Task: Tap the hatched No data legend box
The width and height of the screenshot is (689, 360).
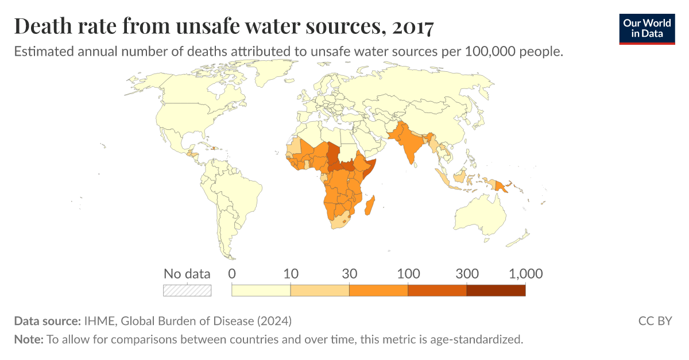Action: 187,291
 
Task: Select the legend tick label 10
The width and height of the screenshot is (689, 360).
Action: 291,274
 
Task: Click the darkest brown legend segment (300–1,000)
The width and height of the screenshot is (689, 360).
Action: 496,291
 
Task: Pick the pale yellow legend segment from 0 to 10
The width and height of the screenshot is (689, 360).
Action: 261,291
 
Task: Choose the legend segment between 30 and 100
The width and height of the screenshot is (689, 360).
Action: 378,291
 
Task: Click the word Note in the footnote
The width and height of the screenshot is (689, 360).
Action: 28,339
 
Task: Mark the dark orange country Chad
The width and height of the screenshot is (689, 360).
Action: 332,152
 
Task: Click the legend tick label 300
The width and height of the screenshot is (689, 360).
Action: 466,274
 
